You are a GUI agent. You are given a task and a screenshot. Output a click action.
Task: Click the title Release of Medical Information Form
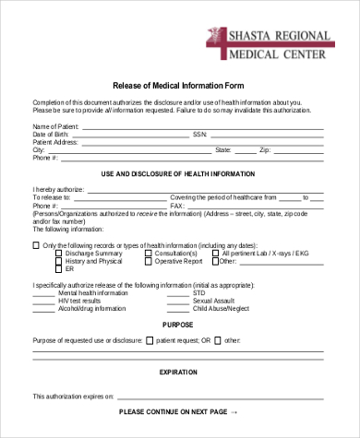[179, 81]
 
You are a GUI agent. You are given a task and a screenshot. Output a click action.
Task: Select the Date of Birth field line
[130, 134]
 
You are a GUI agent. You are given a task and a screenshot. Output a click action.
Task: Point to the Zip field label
[264, 149]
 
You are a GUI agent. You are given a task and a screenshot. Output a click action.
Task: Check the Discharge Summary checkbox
[60, 254]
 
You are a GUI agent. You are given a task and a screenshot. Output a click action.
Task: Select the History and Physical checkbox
[60, 262]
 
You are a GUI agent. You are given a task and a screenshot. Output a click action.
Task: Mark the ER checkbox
[60, 270]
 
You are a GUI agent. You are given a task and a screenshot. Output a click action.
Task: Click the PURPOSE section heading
[179, 325]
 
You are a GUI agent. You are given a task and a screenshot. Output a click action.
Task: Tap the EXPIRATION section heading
[179, 372]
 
